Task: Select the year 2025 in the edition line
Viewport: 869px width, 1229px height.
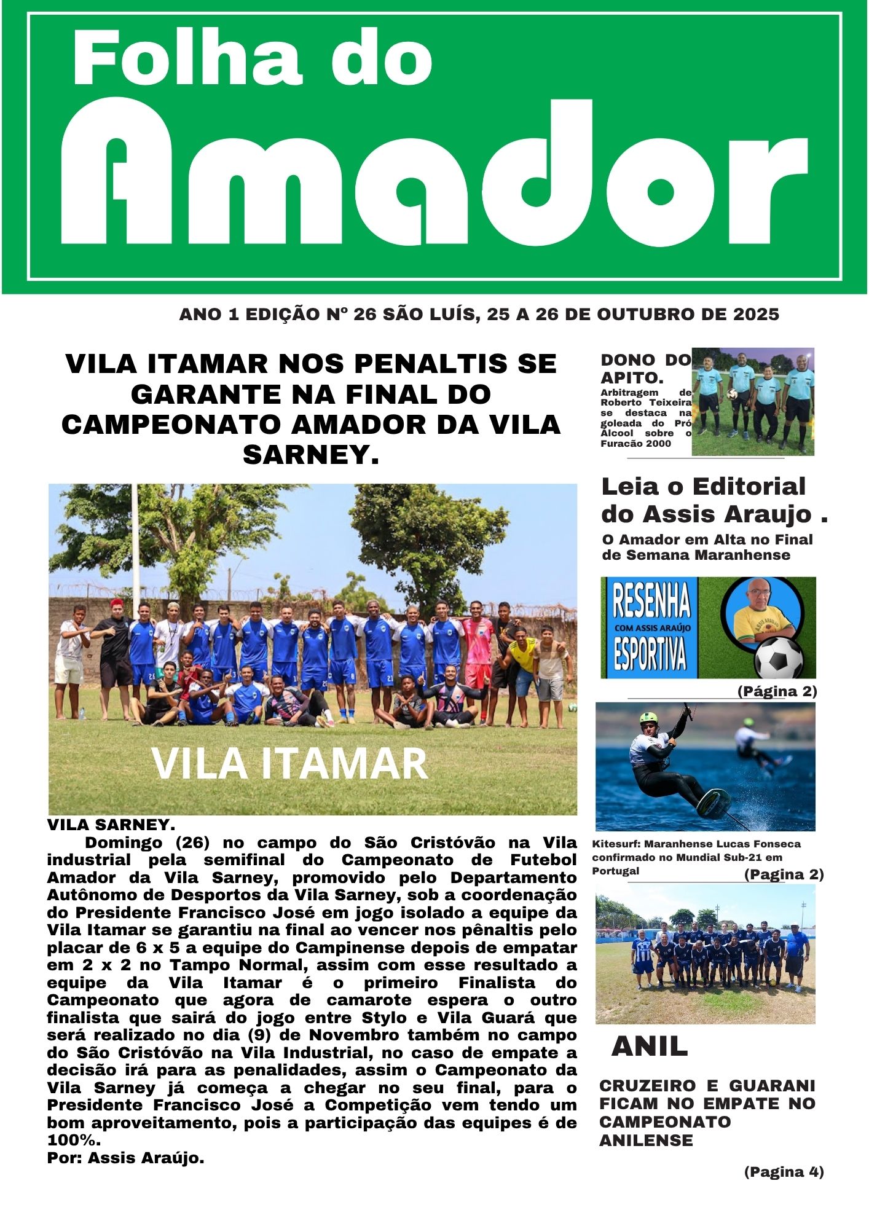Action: point(756,315)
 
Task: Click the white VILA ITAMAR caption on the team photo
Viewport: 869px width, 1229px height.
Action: point(289,764)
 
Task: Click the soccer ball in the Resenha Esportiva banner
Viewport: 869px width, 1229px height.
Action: point(779,658)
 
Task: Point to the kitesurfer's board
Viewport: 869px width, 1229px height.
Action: point(715,801)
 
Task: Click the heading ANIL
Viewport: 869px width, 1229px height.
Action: point(650,1046)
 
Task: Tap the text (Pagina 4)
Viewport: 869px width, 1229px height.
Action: point(784,1172)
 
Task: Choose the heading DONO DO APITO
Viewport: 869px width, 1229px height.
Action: point(645,368)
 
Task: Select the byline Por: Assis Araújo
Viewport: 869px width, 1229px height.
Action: point(125,1158)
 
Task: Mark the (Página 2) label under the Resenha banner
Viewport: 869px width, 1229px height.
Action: point(777,691)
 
